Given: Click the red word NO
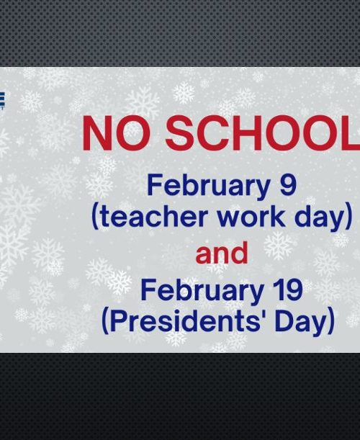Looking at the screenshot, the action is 120,133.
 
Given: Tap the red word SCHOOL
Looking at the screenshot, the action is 263,133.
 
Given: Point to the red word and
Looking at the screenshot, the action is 222,253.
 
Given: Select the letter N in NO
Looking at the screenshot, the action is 96,133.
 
